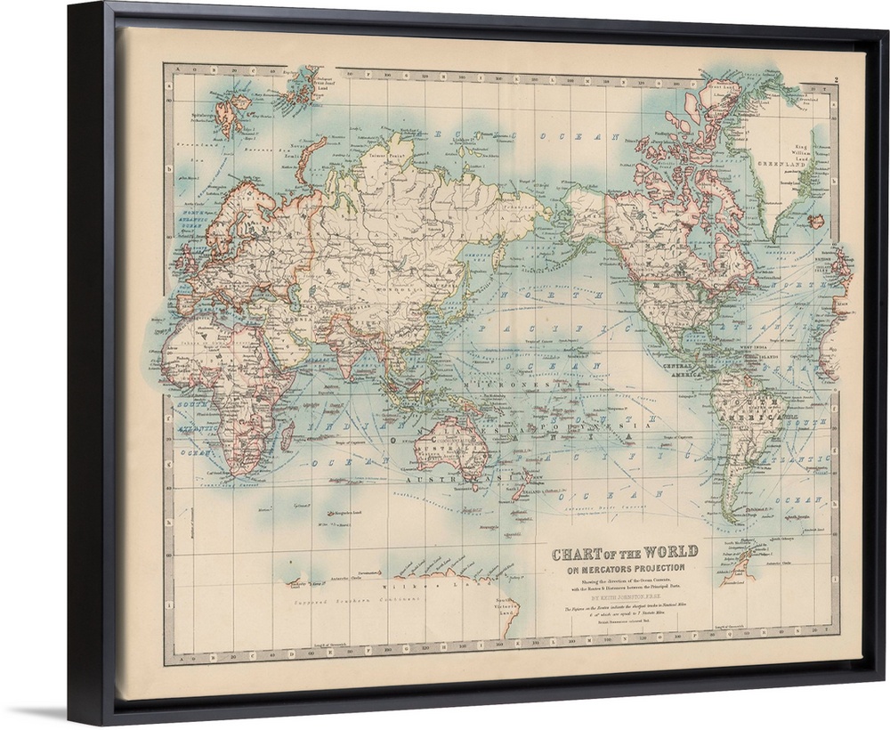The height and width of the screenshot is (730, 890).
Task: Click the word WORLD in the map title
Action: (667, 552)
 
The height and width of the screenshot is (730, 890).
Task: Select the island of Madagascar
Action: (287, 435)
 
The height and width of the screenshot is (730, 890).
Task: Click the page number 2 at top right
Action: (838, 80)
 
